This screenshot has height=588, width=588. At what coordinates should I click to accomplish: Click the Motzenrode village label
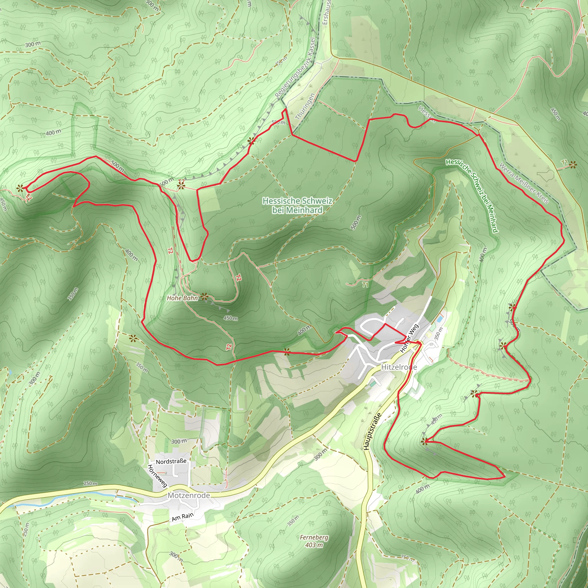(x=189, y=496)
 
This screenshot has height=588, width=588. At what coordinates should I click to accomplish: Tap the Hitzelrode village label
(x=399, y=367)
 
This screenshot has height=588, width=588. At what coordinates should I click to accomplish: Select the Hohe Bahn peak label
(x=182, y=298)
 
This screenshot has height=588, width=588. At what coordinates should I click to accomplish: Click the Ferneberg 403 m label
(x=314, y=541)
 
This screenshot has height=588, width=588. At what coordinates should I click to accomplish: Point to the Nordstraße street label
(x=171, y=462)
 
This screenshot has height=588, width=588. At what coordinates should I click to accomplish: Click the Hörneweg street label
(x=157, y=476)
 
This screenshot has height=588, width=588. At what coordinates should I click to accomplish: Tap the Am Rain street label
(x=183, y=517)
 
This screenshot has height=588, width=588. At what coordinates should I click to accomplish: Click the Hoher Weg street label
(x=409, y=338)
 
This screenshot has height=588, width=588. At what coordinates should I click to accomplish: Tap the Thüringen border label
(x=305, y=107)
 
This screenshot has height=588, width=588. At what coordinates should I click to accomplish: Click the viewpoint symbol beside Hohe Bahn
(x=204, y=296)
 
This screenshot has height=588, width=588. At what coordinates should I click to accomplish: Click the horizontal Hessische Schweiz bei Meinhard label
(x=297, y=206)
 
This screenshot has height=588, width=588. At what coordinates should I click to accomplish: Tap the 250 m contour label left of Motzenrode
(x=91, y=483)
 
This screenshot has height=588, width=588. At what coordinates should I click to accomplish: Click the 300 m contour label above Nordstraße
(x=179, y=441)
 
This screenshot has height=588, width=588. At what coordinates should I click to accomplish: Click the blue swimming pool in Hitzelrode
(x=440, y=319)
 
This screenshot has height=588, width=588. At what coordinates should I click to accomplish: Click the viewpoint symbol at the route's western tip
(x=20, y=188)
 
